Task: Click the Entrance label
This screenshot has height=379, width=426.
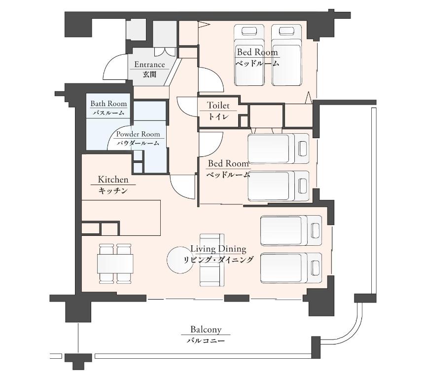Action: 149,65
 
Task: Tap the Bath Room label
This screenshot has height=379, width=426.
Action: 108,104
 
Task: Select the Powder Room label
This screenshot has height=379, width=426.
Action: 138,134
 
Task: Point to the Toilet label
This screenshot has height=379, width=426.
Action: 218,105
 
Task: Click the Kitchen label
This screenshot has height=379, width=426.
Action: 113,180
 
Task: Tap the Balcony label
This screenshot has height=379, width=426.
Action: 206,330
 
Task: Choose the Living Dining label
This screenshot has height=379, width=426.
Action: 218,249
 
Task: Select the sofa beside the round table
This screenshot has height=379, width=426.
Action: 212,260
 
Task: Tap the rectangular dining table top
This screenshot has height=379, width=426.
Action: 115,264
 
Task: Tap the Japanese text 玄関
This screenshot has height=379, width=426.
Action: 149,74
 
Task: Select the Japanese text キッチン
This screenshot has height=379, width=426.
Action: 113,190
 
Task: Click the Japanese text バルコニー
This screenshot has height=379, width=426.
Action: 206,341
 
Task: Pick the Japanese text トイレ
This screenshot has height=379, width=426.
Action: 218,116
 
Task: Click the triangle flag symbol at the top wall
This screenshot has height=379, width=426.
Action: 204,25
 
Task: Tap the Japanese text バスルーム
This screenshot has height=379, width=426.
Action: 108,113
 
